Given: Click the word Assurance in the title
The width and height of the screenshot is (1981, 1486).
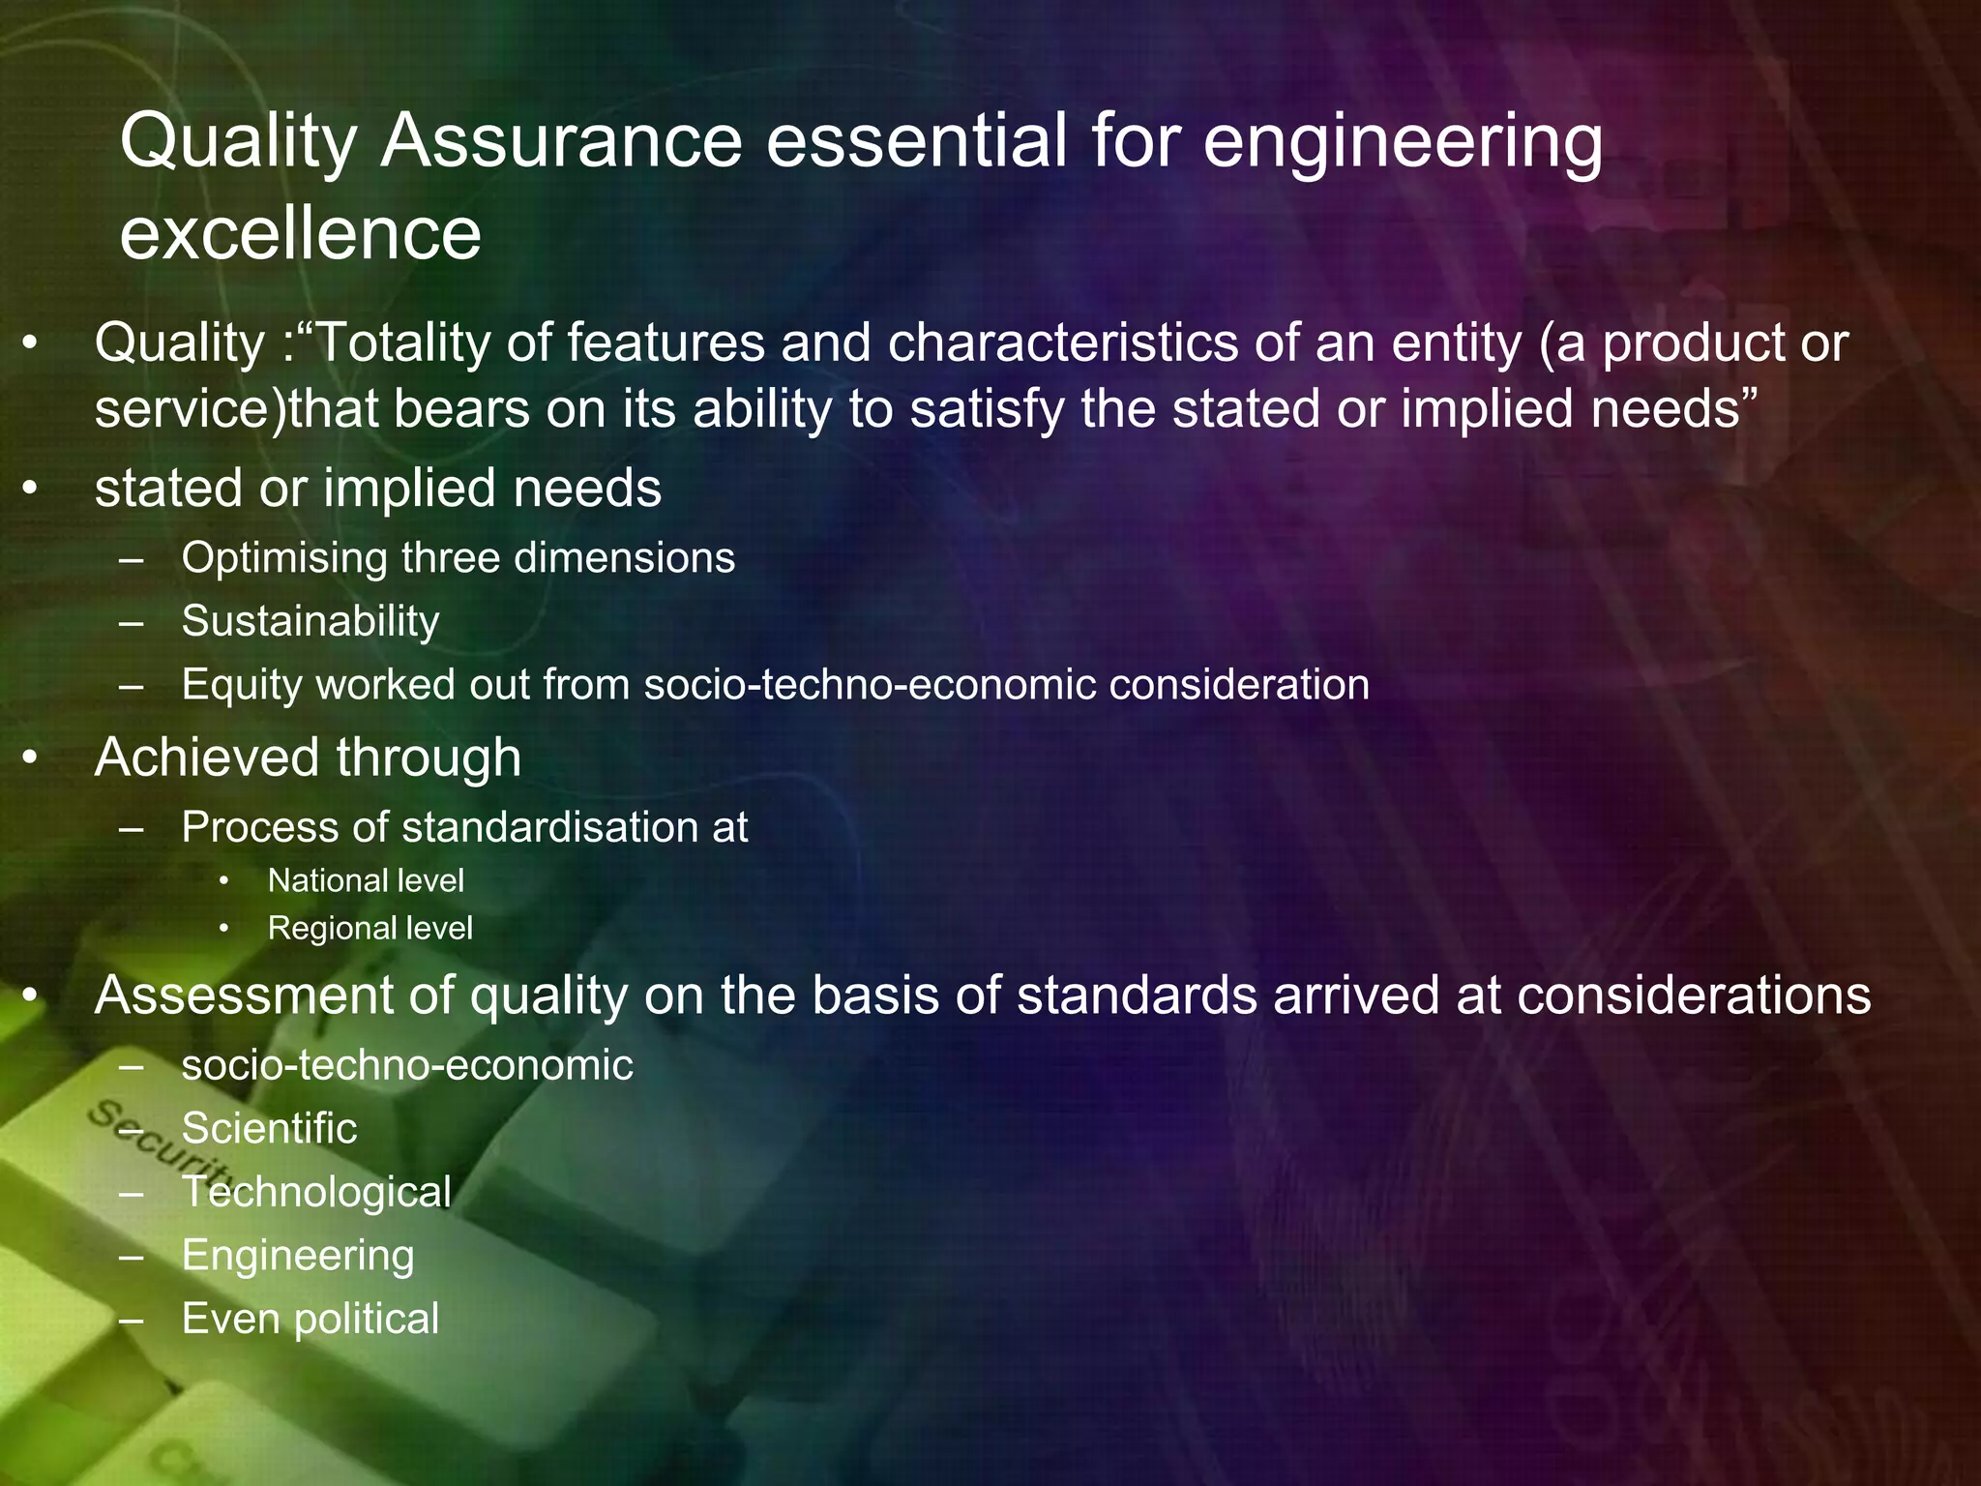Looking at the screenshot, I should click(560, 141).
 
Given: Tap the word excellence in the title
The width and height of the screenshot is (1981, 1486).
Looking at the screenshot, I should click(300, 234).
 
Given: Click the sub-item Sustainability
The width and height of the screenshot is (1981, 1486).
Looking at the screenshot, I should click(310, 621).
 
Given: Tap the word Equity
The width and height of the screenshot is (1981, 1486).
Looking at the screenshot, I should click(242, 685).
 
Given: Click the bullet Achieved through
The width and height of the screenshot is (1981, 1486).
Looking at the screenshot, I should click(308, 757).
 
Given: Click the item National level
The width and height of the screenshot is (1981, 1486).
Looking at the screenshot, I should click(366, 880).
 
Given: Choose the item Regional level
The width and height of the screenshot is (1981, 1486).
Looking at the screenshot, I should click(370, 928).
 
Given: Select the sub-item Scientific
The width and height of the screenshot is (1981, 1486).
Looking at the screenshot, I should click(269, 1128).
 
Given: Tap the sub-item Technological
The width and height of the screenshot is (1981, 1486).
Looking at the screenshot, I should click(316, 1192).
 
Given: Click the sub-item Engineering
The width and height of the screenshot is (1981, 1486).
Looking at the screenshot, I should click(298, 1256).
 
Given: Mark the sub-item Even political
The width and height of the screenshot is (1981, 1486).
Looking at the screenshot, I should click(310, 1319).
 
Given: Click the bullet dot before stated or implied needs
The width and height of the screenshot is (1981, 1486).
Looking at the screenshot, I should click(31, 490).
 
